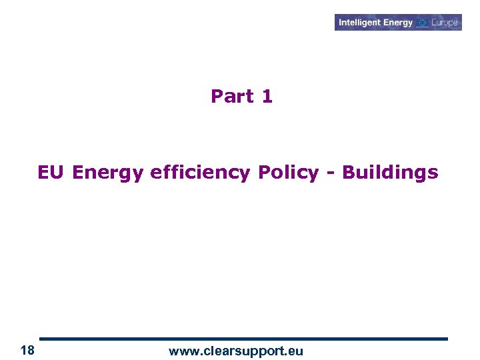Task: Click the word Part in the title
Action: [231, 97]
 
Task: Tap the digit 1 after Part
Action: [267, 97]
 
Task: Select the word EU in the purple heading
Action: [51, 173]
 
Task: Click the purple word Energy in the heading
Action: [108, 173]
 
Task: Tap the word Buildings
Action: [390, 173]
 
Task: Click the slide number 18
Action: [27, 351]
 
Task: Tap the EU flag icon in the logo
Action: [423, 23]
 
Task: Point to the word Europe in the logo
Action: [445, 23]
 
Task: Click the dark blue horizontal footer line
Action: [243, 339]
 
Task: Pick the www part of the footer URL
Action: [183, 351]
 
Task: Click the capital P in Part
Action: [217, 97]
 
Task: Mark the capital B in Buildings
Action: [348, 173]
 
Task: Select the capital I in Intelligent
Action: [340, 23]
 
